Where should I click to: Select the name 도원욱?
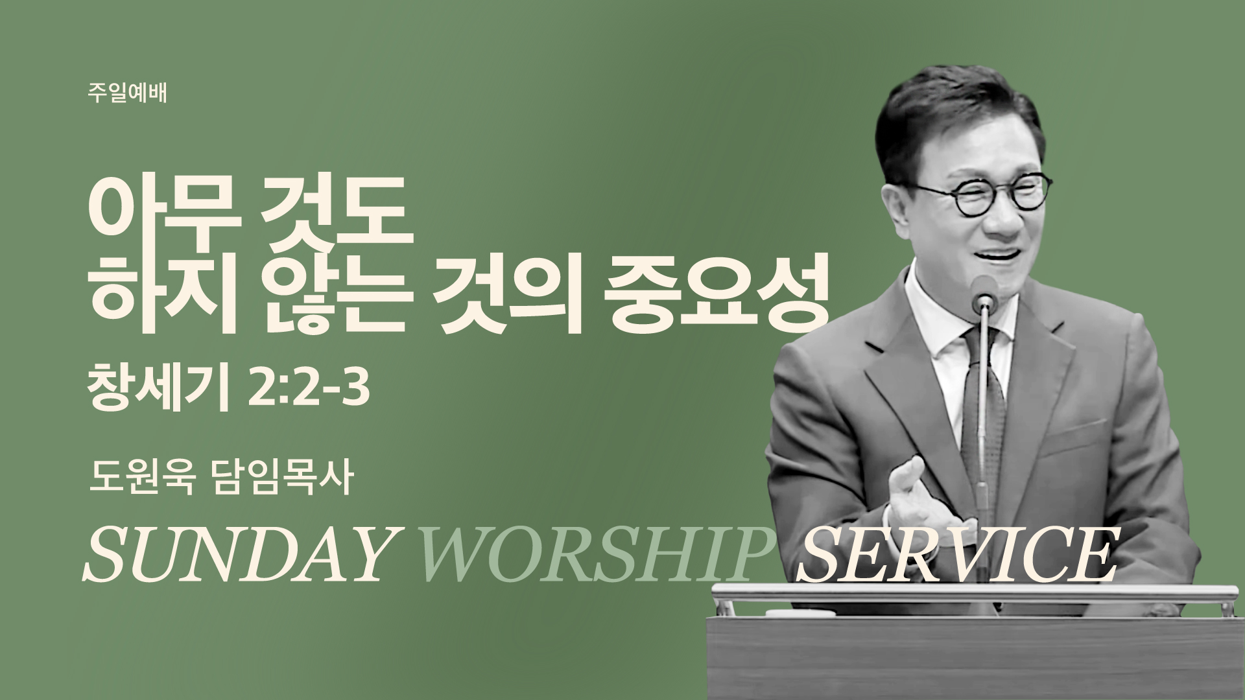(x=141, y=479)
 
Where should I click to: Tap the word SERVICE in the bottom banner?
(x=956, y=555)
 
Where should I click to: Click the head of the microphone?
(x=986, y=290)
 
